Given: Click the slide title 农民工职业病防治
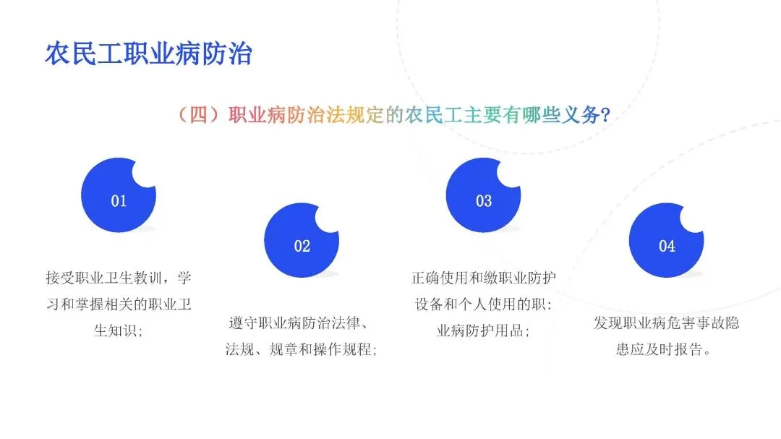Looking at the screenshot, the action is tap(148, 54).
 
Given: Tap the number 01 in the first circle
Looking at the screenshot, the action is tap(119, 201).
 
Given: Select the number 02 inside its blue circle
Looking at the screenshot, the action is tap(302, 246).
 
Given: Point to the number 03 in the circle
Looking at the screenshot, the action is tap(484, 201).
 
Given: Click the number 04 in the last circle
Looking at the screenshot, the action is tap(667, 246).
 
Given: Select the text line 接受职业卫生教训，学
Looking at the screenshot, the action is tap(119, 278).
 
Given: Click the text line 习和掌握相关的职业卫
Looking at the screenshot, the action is tap(119, 304).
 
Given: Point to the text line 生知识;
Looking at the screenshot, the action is tap(119, 331).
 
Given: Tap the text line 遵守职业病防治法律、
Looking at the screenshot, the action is tap(299, 323).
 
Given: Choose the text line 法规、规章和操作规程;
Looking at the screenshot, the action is tap(301, 349).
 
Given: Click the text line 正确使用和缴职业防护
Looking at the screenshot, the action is tap(484, 278).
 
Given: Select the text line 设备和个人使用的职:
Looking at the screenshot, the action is tap(483, 304).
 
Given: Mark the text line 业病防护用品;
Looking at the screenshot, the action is tap(482, 331).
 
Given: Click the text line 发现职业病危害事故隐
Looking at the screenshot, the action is tap(667, 323).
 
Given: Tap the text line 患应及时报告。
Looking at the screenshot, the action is tap(663, 349).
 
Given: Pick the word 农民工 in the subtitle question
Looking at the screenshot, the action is tap(434, 115).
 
